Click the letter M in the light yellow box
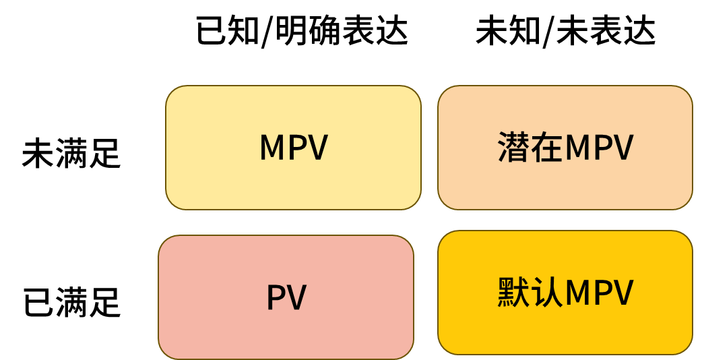tap(273, 148)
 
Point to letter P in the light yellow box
tap(298, 148)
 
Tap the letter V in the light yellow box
tap(317, 148)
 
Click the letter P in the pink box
tap(276, 297)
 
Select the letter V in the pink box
tap(296, 297)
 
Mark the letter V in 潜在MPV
tap(623, 148)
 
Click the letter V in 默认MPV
tap(623, 293)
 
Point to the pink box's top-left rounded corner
tap(164, 241)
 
